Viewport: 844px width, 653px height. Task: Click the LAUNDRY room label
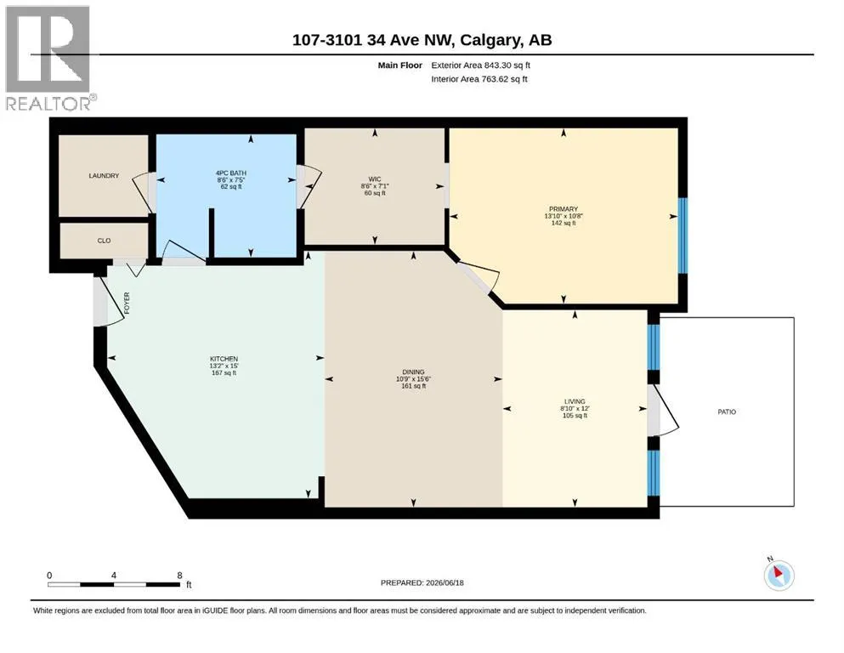tap(104, 175)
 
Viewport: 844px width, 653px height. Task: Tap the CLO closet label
tap(104, 241)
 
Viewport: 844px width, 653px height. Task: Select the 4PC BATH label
tap(231, 173)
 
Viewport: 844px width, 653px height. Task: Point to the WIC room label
tap(375, 179)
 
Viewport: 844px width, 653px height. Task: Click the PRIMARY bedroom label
tap(564, 209)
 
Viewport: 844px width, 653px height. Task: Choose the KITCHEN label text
tap(224, 359)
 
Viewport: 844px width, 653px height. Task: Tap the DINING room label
tap(413, 372)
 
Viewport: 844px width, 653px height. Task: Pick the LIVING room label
tap(575, 401)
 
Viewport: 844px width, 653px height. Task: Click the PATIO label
tap(727, 412)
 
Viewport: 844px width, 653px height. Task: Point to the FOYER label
tap(127, 303)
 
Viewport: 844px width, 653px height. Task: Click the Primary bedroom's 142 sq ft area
tap(564, 223)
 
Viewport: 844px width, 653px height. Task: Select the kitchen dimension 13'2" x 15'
tap(224, 366)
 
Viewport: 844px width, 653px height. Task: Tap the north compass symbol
tap(779, 575)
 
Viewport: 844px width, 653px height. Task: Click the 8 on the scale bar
tap(180, 575)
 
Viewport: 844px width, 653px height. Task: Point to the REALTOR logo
tap(48, 58)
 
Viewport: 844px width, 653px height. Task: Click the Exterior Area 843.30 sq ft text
tap(481, 65)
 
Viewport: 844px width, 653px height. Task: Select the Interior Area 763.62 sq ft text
tap(479, 79)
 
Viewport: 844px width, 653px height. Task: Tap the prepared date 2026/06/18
tap(445, 582)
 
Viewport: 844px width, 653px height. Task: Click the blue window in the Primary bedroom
tap(683, 236)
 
